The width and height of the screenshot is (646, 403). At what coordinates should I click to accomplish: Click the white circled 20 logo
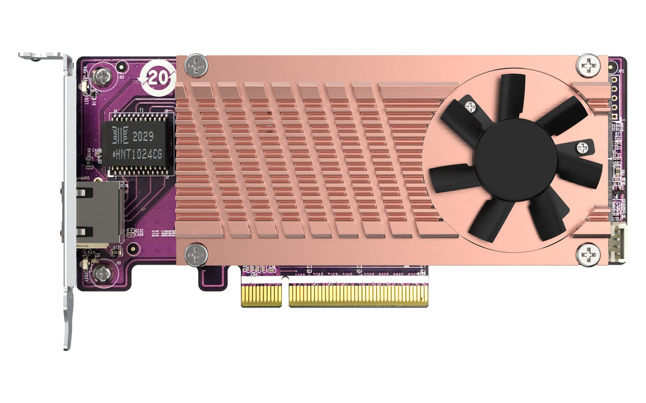(157, 78)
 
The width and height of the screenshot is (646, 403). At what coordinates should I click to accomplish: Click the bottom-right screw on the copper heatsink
(588, 253)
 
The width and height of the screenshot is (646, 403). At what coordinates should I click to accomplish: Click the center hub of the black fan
(515, 161)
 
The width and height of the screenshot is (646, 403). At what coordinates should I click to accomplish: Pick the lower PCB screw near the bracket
(103, 273)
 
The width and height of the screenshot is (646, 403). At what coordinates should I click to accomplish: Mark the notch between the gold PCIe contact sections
(285, 291)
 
